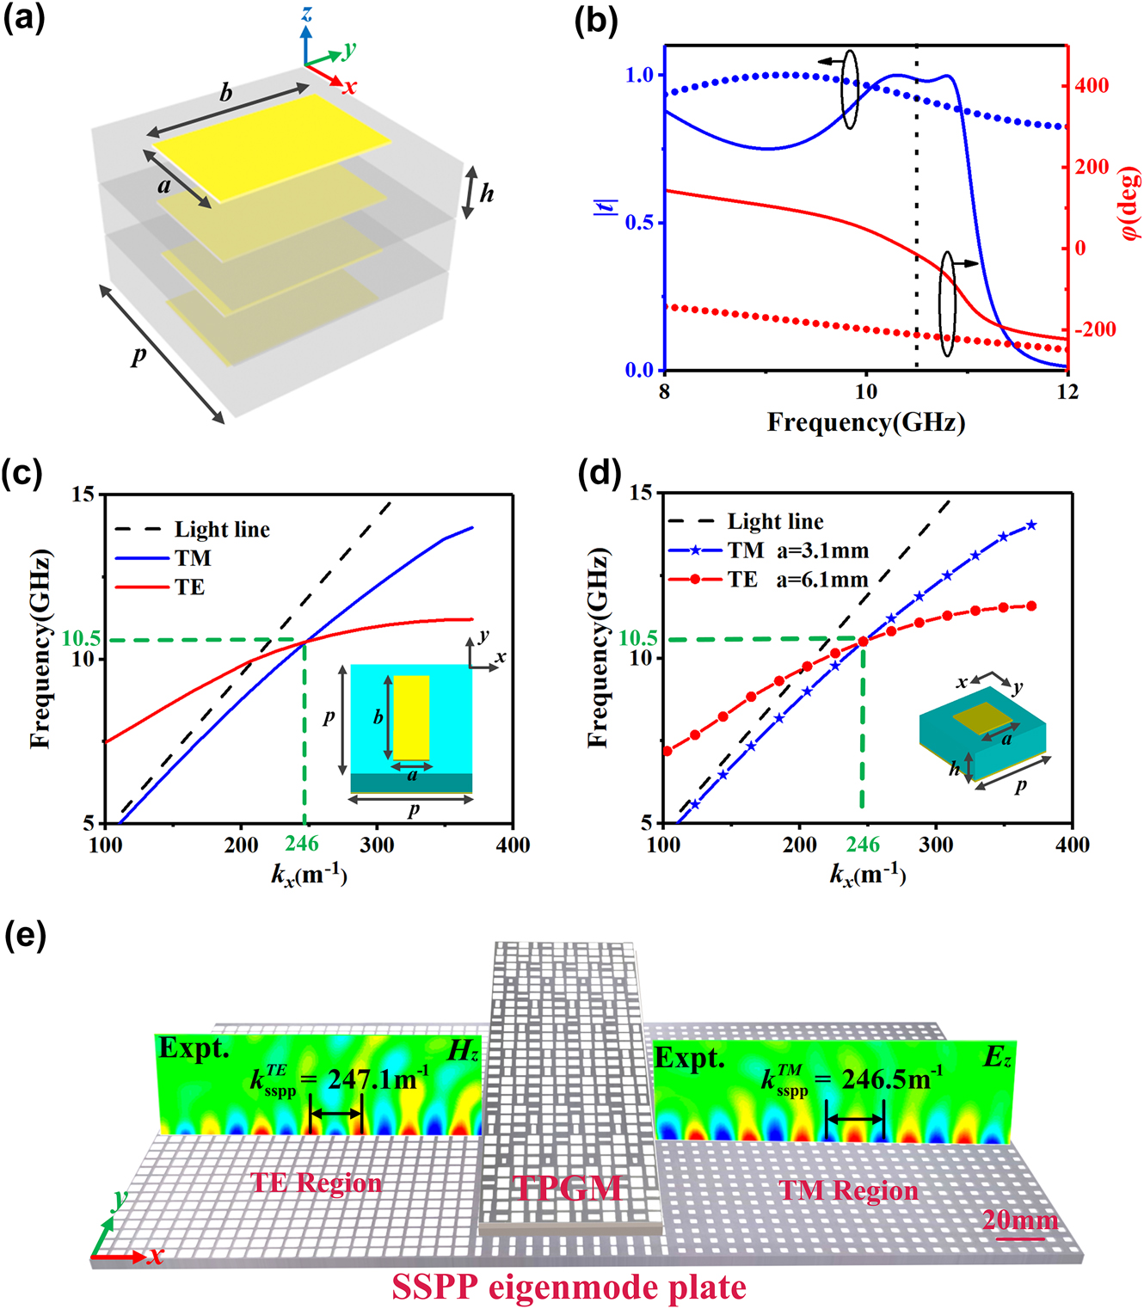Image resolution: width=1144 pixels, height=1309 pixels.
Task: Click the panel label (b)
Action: coord(595,21)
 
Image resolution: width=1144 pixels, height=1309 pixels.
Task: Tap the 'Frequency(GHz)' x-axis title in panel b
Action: coord(865,422)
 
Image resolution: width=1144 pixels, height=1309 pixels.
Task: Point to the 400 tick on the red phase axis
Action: coord(1091,86)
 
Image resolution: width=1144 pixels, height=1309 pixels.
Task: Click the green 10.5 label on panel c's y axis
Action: coord(82,639)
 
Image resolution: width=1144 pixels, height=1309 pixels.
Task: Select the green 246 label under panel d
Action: coord(863,845)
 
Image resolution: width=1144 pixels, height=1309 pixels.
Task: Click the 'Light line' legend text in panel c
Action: coord(222,530)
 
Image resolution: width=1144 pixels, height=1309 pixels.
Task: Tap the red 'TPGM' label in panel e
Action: coord(567,1188)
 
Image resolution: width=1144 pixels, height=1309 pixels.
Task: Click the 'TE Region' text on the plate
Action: coord(316,1183)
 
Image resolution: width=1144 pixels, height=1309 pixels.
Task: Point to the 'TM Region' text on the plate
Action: coord(848,1190)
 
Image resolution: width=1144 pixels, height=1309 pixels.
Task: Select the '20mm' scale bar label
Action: coord(1019,1220)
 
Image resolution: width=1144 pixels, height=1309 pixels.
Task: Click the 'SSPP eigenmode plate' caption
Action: coord(569,1287)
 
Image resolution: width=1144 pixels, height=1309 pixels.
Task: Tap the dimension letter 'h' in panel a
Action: coord(487,194)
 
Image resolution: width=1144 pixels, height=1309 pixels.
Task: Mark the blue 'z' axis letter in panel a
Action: coord(306,14)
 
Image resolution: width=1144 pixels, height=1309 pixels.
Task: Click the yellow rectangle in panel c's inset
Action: coord(411,717)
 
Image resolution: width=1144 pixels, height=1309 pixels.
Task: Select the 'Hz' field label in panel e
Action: coord(463,1051)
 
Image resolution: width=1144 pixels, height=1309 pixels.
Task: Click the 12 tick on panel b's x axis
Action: coord(1067,392)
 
